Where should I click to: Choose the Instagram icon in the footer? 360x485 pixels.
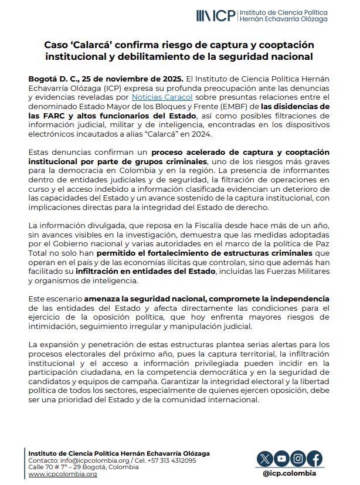coord(298,459)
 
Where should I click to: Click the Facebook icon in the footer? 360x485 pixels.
coord(315,459)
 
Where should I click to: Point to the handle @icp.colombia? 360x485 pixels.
coord(290,473)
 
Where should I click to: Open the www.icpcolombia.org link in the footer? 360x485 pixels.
coord(63,474)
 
